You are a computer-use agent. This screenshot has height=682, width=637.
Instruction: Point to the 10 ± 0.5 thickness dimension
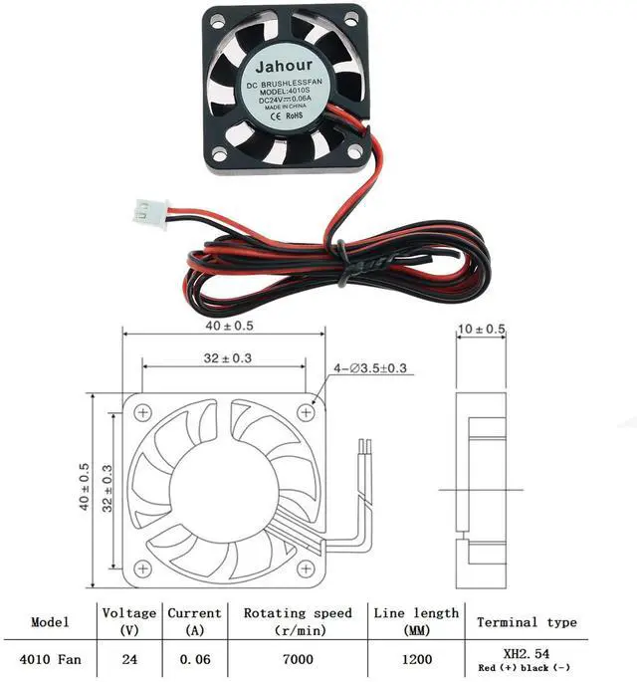click(482, 330)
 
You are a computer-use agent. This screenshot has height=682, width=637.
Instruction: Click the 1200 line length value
click(416, 658)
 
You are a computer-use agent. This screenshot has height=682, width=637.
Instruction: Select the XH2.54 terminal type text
click(526, 652)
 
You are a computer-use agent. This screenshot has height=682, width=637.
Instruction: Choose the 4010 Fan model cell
click(50, 658)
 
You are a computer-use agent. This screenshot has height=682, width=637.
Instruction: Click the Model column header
click(50, 622)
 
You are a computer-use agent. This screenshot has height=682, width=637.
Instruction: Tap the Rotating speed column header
click(298, 622)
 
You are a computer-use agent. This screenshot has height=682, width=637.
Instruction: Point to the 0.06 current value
click(194, 658)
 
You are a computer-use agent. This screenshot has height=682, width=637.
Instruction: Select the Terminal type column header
click(527, 622)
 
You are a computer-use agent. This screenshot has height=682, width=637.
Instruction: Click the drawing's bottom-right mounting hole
click(307, 569)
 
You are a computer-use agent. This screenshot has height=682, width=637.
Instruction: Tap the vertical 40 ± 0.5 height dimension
click(85, 490)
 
